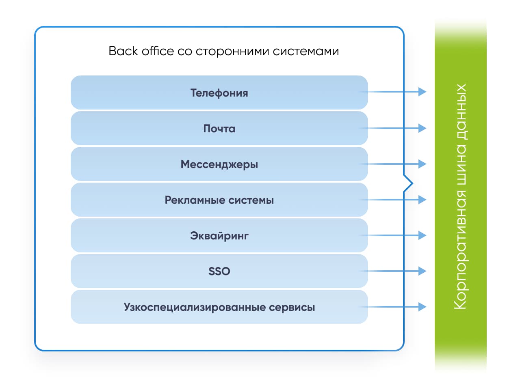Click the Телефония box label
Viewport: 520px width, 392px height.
click(x=219, y=93)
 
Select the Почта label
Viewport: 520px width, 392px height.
click(x=219, y=129)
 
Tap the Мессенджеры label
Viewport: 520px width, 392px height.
click(x=219, y=164)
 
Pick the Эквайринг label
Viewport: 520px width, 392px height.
click(x=219, y=236)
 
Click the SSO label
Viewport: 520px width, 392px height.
click(x=219, y=271)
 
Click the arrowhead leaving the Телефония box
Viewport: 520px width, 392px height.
click(x=422, y=92)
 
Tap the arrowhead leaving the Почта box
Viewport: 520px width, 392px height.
click(x=422, y=128)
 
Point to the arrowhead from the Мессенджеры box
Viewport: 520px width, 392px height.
click(x=422, y=164)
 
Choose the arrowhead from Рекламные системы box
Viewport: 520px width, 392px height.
click(x=422, y=200)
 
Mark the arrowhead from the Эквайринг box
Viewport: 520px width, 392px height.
click(x=422, y=235)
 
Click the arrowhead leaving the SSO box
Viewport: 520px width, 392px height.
click(x=422, y=271)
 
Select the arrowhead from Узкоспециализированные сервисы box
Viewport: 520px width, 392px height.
click(x=422, y=307)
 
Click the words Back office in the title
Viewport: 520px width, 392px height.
click(x=141, y=51)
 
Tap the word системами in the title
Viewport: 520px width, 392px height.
click(x=305, y=52)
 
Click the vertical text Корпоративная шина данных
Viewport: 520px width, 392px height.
click(x=460, y=196)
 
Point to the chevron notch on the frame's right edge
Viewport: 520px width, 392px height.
click(x=412, y=183)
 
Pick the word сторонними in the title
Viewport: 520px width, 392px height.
click(x=232, y=52)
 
